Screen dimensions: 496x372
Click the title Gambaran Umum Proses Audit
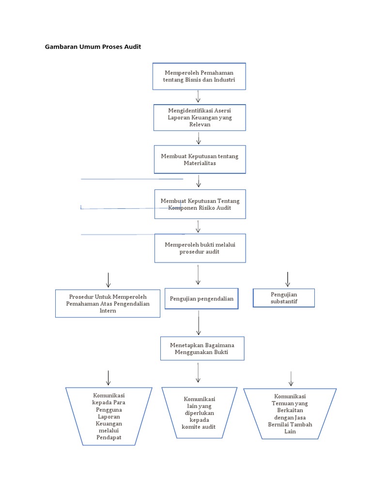[93, 47]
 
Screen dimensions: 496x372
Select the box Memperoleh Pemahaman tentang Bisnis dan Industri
[199, 76]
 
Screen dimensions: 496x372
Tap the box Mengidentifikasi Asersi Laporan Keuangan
[199, 117]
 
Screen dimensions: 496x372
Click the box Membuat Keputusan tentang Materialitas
[200, 159]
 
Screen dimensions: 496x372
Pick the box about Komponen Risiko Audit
[200, 204]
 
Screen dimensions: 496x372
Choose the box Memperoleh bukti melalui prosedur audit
[200, 248]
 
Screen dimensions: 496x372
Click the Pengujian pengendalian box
[201, 298]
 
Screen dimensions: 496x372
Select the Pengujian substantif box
[284, 298]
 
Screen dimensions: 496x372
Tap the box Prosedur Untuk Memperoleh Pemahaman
[108, 304]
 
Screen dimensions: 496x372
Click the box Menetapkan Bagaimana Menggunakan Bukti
[202, 348]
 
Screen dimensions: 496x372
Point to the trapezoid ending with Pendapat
[108, 416]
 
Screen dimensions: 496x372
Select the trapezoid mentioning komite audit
[199, 413]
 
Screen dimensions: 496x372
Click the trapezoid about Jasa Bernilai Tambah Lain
[290, 413]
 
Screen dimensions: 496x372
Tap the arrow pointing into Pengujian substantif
[288, 279]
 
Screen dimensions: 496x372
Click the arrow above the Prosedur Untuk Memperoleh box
[108, 280]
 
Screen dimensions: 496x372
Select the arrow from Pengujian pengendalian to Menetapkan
[198, 323]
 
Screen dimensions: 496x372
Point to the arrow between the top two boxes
[198, 96]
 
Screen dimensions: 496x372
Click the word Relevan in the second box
[200, 124]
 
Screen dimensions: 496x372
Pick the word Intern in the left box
[108, 310]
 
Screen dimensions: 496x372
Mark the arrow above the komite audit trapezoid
[198, 372]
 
